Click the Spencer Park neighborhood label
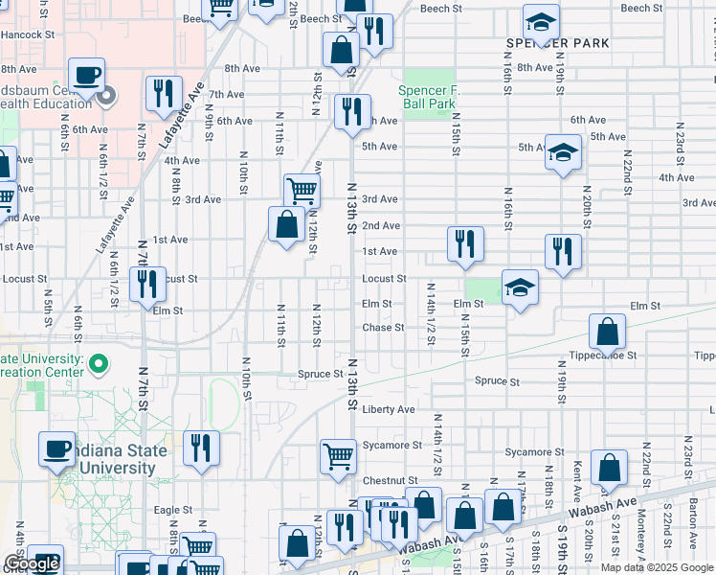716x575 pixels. click(x=558, y=44)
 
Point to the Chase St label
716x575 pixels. click(x=383, y=328)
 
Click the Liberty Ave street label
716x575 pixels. click(x=389, y=409)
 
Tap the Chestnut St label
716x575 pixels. click(x=390, y=480)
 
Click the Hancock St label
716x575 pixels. click(x=27, y=34)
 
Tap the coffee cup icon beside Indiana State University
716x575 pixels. click(x=57, y=448)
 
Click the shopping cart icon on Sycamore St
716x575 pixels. click(x=338, y=456)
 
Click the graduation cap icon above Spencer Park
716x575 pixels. click(x=542, y=22)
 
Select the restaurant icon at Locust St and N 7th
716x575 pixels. click(x=147, y=284)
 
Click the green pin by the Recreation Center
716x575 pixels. click(x=105, y=363)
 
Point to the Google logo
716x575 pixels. click(x=32, y=564)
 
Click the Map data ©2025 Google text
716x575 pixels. click(x=657, y=567)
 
